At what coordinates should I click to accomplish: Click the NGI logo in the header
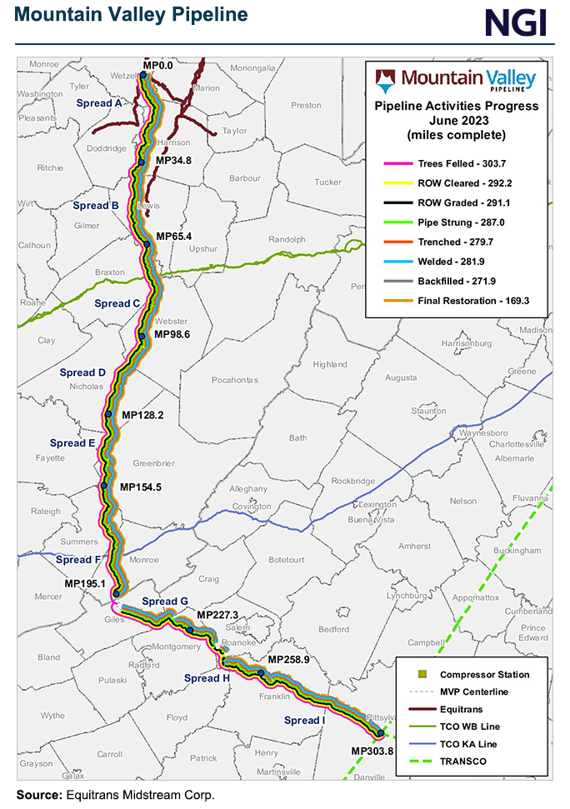tap(518, 22)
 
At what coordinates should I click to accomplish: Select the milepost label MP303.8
tap(372, 751)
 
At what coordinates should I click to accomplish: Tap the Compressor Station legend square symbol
tap(422, 675)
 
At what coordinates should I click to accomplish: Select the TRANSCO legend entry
tap(465, 762)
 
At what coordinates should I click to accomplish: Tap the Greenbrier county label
tap(153, 462)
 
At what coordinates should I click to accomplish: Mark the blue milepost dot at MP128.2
tap(108, 413)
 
